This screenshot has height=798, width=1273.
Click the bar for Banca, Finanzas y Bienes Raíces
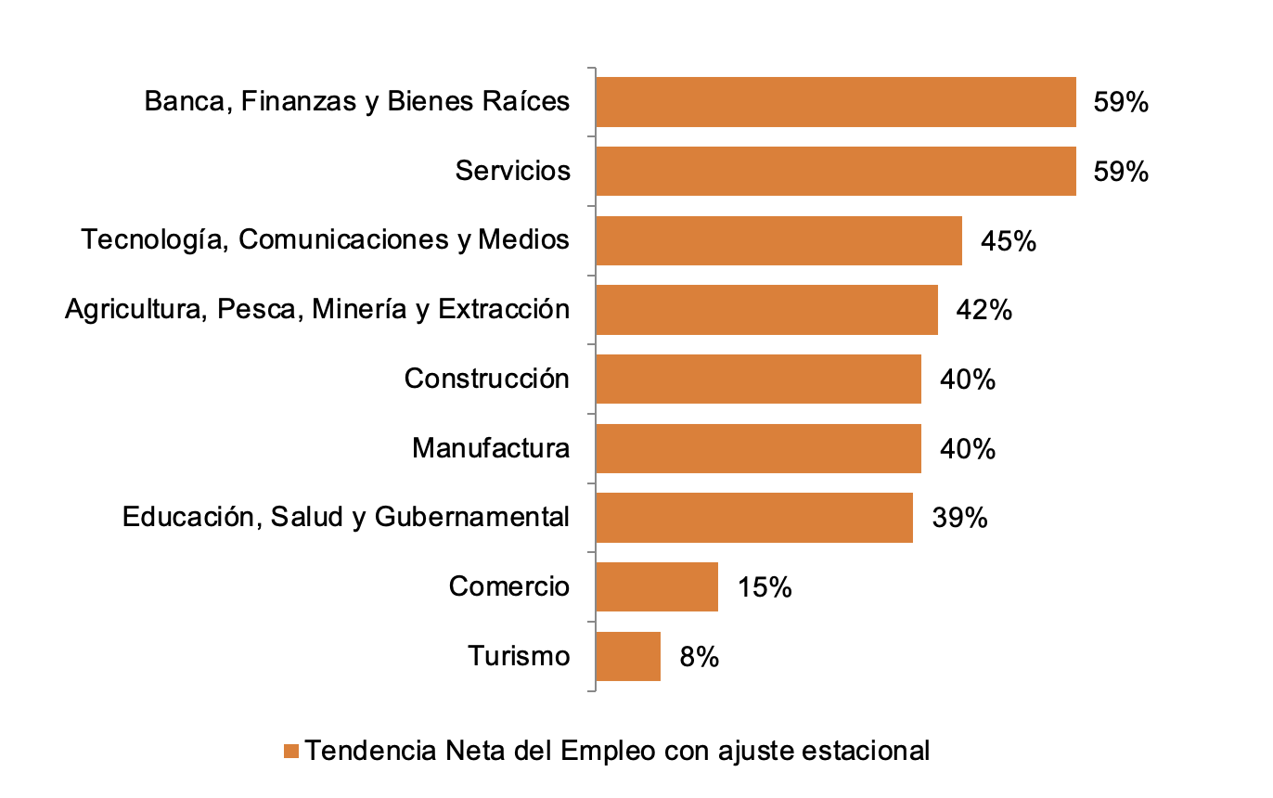click(835, 102)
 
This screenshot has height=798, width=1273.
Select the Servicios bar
click(835, 172)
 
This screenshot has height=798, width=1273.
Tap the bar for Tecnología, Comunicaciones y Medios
click(778, 241)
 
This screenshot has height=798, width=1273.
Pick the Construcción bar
click(757, 380)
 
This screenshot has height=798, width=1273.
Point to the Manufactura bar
click(757, 449)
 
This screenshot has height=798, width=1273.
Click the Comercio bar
click(656, 587)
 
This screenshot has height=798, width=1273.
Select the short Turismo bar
click(627, 657)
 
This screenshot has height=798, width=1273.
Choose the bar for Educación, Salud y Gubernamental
click(753, 518)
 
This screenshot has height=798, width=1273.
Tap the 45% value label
click(1008, 241)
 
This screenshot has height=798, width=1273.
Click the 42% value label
click(984, 310)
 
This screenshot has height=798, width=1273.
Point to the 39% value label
click(959, 518)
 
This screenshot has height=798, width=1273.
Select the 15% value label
click(765, 587)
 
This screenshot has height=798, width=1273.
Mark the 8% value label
click(699, 657)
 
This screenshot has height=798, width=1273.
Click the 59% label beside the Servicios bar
click(1121, 172)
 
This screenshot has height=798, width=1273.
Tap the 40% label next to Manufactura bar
click(968, 449)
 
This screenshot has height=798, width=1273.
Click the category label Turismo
click(518, 656)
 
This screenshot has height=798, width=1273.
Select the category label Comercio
click(508, 586)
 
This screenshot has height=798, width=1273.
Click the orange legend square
click(291, 751)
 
